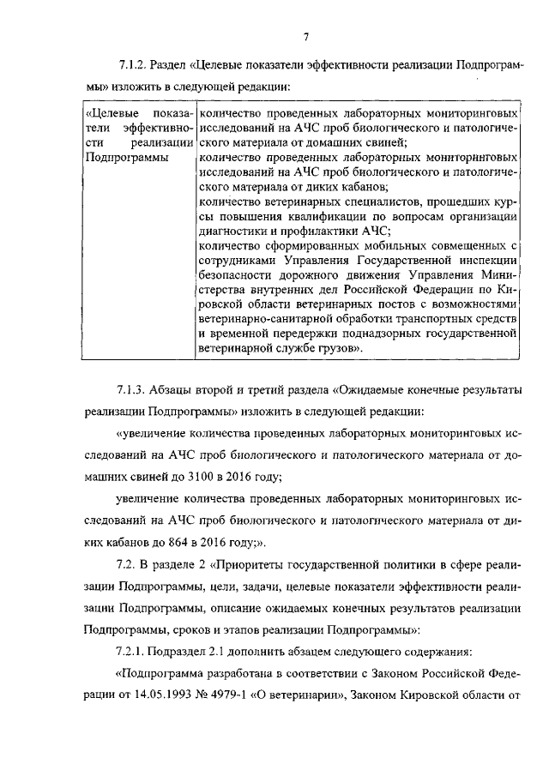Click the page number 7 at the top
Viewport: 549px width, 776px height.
pyautogui.click(x=305, y=35)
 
